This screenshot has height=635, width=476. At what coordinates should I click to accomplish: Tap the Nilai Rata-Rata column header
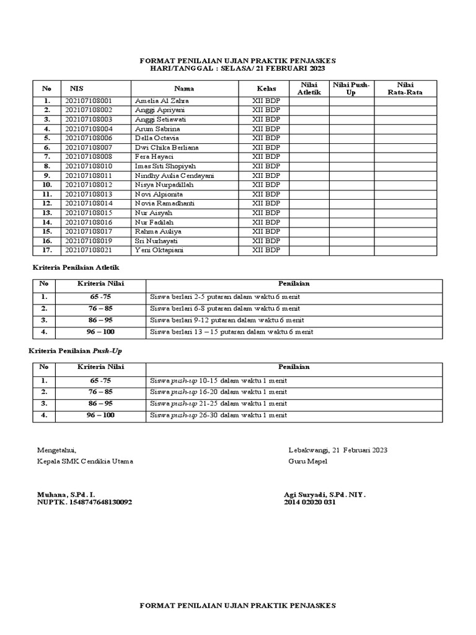coord(405,89)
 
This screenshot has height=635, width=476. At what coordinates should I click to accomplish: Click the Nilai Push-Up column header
coord(351,89)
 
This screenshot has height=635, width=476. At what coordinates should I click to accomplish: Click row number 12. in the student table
coord(46,203)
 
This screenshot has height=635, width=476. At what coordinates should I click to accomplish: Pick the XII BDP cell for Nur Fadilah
coord(266,222)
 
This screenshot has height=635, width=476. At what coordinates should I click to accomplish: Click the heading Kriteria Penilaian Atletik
coord(75,267)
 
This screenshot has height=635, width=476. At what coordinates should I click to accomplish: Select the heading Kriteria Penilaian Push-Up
coord(74,351)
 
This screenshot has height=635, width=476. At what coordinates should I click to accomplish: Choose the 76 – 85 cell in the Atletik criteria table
coord(100,308)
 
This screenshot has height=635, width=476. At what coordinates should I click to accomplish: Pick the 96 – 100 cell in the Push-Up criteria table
coord(100,415)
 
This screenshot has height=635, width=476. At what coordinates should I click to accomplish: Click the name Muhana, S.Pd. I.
coord(66,495)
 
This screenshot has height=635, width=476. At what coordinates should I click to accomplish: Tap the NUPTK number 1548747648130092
coord(84,503)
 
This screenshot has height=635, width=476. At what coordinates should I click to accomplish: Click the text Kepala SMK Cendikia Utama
coord(85,461)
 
